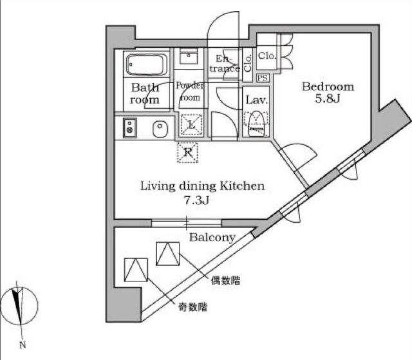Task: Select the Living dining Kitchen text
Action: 202,186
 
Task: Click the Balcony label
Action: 212,238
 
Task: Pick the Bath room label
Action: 145,94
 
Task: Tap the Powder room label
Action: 190,91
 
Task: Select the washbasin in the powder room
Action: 190,56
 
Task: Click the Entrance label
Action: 224,63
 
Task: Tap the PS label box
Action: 263,78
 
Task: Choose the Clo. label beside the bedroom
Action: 267,57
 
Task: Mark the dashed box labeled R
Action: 188,153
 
